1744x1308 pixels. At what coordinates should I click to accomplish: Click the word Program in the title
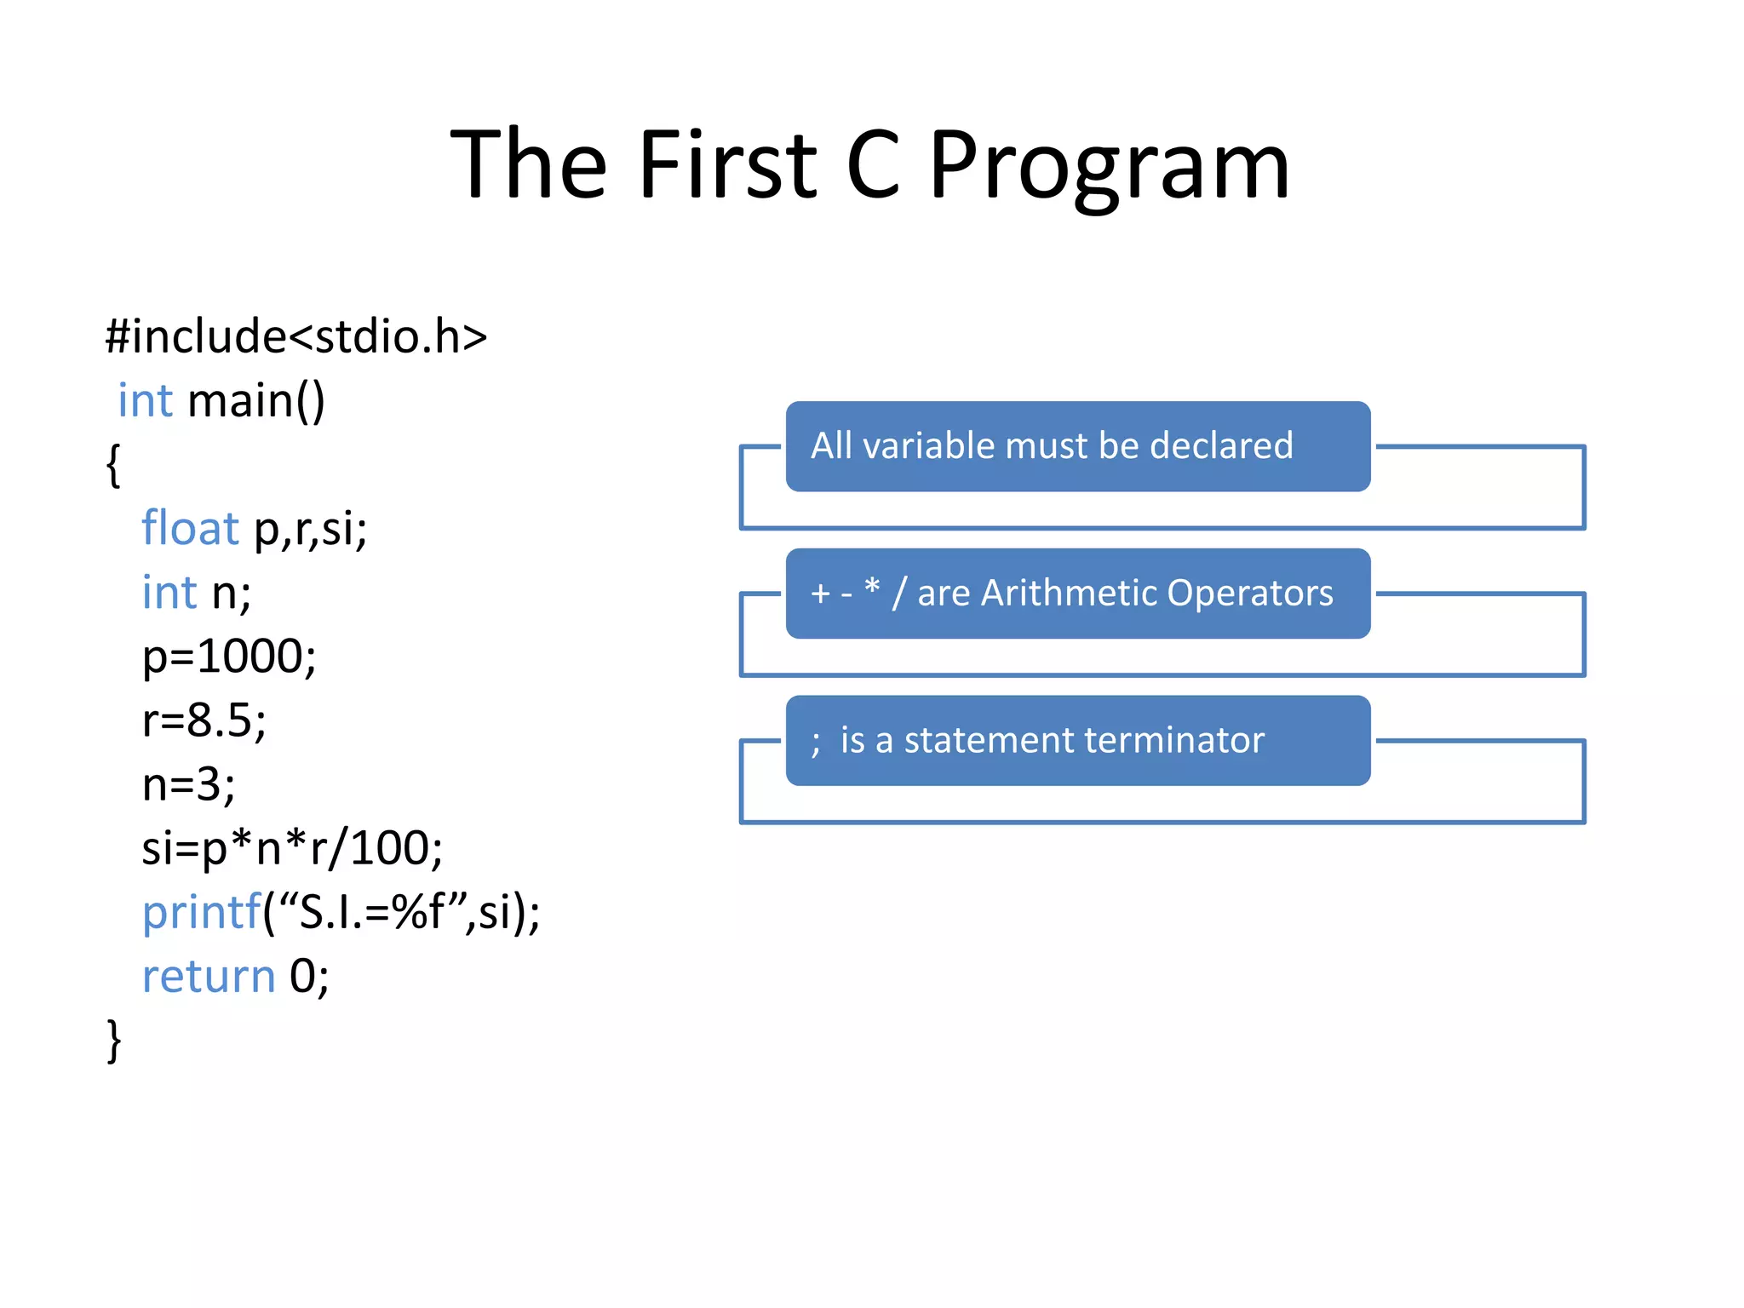point(1109,166)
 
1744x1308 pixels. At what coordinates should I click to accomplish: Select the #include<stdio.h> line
point(295,337)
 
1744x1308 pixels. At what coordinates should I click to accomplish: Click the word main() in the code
point(256,401)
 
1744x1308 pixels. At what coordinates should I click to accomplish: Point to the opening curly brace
point(113,465)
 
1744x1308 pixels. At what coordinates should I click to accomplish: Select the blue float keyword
point(190,528)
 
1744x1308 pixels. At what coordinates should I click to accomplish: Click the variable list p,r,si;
point(311,530)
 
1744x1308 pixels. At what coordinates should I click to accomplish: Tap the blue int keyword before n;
point(169,593)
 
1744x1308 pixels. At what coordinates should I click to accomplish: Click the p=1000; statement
point(229,657)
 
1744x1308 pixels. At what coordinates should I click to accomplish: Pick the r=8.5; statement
point(204,720)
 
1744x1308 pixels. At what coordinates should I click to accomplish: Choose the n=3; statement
point(188,784)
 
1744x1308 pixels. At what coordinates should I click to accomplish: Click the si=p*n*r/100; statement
point(292,848)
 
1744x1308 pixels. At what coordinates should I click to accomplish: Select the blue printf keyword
point(201,913)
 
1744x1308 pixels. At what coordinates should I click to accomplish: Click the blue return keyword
point(209,976)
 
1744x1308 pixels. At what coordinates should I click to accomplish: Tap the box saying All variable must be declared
point(1077,446)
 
